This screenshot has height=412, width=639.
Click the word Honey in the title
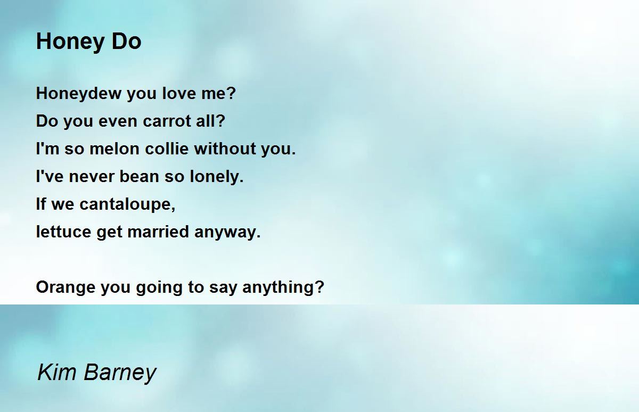70,42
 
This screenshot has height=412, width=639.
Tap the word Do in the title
126,42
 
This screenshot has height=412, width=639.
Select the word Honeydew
78,94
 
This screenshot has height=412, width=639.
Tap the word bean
139,176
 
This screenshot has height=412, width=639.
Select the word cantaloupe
127,204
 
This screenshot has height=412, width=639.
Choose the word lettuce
63,232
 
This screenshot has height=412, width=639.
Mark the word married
158,232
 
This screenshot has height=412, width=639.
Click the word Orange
65,287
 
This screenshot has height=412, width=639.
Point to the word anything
283,287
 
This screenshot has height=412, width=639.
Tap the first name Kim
57,372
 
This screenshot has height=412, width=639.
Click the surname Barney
120,373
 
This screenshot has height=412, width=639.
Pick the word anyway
227,232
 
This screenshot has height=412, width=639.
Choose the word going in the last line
159,287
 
